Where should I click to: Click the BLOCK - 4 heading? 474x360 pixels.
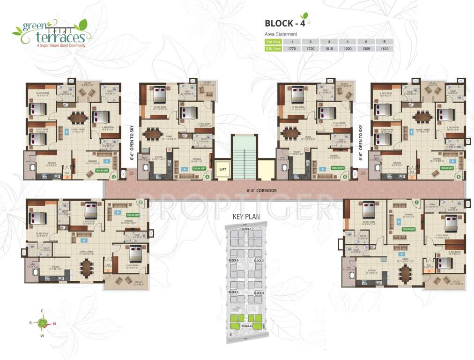tap(285, 23)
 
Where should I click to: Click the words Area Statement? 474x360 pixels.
tap(281, 34)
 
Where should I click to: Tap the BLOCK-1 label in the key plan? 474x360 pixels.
tap(246, 229)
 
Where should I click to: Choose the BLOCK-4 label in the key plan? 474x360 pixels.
tap(246, 326)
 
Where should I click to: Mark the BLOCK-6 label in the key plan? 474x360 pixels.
tap(234, 261)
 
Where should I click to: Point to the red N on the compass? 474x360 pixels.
tap(54, 324)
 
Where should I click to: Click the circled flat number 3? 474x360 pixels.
tap(114, 177)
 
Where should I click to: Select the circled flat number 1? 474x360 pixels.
tap(416, 202)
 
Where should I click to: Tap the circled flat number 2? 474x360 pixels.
tap(140, 202)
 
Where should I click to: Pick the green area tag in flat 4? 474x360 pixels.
tap(200, 167)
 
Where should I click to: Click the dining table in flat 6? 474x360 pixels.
tap(422, 116)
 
